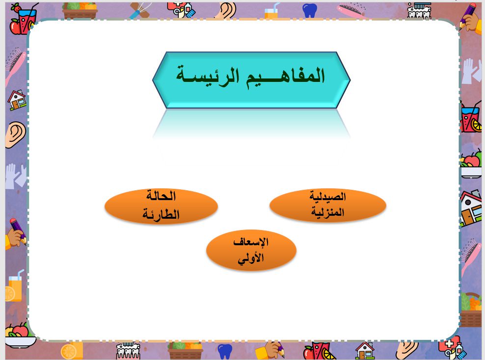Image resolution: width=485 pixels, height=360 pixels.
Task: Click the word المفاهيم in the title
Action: (285, 76)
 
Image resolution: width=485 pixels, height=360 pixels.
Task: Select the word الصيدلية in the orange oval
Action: (327, 197)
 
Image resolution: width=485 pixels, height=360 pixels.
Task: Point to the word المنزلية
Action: (327, 212)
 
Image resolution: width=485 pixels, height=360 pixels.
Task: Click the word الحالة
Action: (161, 195)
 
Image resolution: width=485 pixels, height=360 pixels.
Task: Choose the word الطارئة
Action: (161, 214)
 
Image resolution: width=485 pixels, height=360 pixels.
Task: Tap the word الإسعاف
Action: (251, 242)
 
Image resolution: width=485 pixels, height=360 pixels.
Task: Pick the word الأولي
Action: (251, 258)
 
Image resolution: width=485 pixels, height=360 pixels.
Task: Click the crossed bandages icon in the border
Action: (139, 10)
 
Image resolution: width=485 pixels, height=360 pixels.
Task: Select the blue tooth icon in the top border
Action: (310, 10)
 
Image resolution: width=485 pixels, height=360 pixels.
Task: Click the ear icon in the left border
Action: (15, 134)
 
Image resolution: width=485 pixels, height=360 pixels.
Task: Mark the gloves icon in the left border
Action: (16, 176)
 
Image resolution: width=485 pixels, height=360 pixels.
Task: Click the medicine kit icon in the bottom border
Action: (452, 349)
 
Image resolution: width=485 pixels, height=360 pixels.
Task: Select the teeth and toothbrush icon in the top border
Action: (419, 10)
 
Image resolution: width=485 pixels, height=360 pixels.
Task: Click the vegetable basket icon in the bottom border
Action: (185, 350)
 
